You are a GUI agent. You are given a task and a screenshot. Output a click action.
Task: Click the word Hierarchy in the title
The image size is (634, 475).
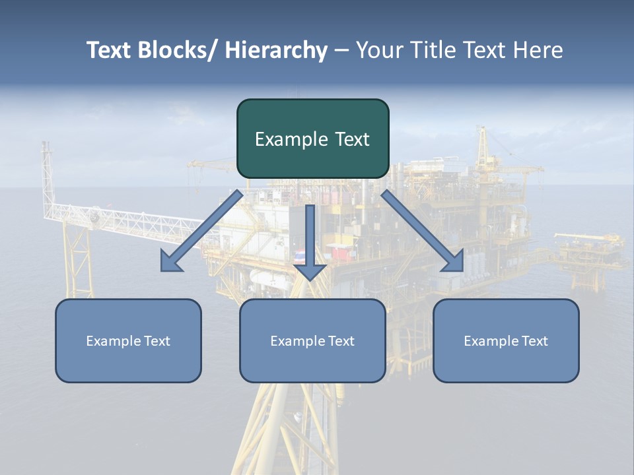[276, 50]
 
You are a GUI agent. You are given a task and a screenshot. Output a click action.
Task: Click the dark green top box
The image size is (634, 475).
[312, 139]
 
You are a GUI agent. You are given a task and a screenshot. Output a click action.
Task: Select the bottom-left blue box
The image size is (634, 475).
[128, 340]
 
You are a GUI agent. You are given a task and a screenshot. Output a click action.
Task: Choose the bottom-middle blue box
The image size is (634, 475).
[312, 340]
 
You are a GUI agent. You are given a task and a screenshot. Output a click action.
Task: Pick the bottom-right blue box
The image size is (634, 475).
[506, 340]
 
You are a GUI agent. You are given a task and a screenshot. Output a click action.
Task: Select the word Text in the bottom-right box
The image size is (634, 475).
[534, 341]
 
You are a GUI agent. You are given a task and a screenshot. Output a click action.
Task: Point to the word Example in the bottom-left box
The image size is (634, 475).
[113, 341]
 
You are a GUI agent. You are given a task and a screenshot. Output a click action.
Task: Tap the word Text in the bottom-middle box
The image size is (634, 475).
[341, 341]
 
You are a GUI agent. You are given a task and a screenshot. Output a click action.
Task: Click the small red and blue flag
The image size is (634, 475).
[300, 255]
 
